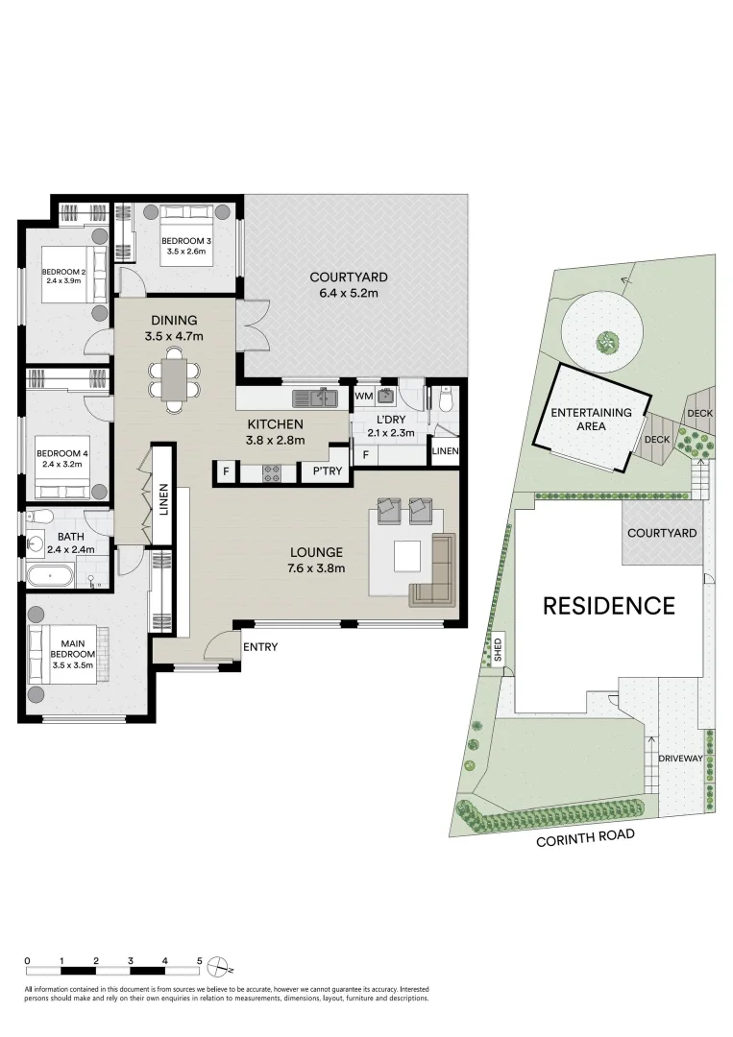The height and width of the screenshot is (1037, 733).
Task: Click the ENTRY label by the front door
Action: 259,647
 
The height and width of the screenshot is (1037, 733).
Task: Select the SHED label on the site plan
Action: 498,652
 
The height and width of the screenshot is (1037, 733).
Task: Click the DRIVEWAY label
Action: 682,759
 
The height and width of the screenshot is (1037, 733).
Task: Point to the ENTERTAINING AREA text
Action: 591,420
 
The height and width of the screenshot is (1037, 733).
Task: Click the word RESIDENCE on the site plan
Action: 609,606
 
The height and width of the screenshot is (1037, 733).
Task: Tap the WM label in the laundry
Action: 363,396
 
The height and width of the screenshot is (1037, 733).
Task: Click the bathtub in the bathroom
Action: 49,578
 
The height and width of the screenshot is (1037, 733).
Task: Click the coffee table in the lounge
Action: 405,555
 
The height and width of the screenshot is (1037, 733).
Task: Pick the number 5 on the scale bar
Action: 200,960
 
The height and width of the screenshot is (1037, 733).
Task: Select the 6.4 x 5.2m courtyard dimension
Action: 348,293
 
